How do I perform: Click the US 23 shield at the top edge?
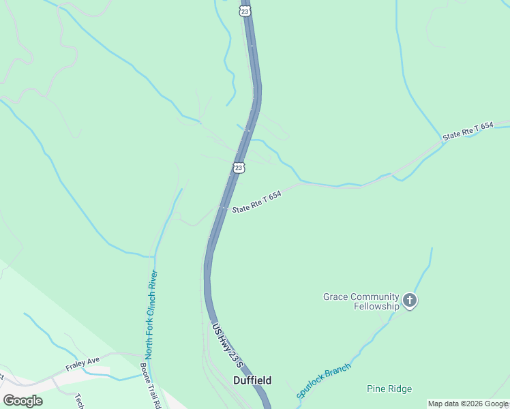pos(245,10)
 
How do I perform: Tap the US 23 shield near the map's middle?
pos(238,168)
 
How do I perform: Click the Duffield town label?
pos(252,380)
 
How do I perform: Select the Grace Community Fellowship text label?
pos(361,301)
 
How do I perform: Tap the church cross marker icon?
pos(410,300)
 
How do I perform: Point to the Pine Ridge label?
pos(389,389)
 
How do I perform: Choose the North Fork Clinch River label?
pos(151,314)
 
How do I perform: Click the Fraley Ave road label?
pos(82,365)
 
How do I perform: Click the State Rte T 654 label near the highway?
pos(257,202)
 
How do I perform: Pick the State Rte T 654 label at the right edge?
pos(467,132)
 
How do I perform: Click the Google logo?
pos(22,401)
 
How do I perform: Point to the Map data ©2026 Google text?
pos(467,404)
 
